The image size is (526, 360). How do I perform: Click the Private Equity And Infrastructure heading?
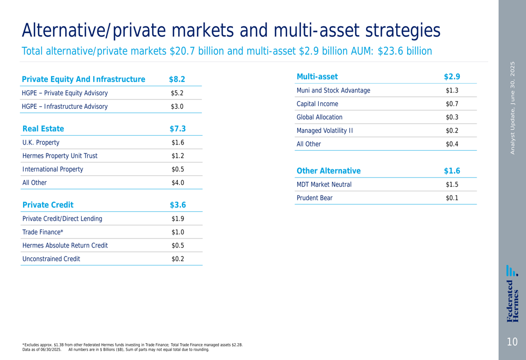(x=83, y=79)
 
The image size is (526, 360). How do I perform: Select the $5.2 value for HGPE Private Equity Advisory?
(x=177, y=93)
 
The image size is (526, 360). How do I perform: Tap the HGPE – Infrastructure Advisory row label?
(x=65, y=107)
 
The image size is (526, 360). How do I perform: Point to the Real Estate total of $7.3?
(x=177, y=129)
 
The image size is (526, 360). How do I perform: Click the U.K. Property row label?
(x=41, y=142)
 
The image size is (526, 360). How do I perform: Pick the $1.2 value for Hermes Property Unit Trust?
(x=178, y=156)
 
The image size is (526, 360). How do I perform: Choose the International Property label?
(x=53, y=169)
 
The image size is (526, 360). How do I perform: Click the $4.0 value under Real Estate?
(x=178, y=183)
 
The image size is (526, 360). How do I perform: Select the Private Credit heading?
(x=48, y=205)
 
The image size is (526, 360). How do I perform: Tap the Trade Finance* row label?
(x=43, y=232)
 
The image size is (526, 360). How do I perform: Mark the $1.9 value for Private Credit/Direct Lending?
(x=178, y=219)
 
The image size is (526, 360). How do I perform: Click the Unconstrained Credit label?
(x=52, y=259)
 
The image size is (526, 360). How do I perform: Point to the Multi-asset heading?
(x=317, y=77)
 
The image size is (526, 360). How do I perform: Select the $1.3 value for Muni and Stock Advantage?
(x=452, y=90)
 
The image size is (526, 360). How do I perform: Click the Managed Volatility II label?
(x=325, y=131)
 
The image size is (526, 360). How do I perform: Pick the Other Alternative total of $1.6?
(x=452, y=171)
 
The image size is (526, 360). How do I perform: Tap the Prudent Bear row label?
(x=315, y=198)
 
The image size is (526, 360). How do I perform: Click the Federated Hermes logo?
(x=512, y=293)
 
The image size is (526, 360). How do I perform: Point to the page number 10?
(x=512, y=342)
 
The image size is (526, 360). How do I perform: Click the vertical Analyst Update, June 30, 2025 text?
(x=512, y=108)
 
